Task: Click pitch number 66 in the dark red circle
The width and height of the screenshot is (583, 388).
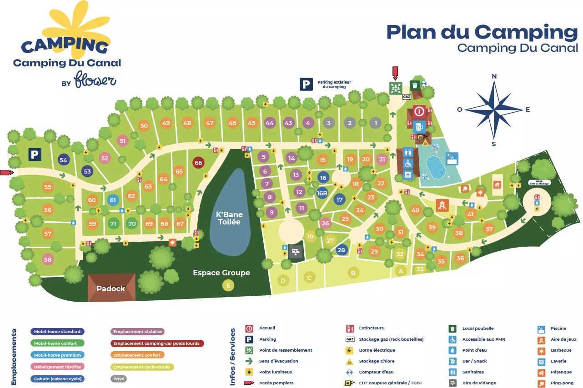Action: click(x=198, y=163)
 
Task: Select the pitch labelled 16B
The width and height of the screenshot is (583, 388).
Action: click(x=322, y=193)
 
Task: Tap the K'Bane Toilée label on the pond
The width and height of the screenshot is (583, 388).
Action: click(x=229, y=218)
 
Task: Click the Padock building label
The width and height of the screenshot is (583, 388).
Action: click(x=111, y=289)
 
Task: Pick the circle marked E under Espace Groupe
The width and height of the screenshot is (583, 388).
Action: click(x=228, y=285)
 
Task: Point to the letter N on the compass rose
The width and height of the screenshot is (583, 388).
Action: click(x=494, y=76)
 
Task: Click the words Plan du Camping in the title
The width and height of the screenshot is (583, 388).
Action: click(x=482, y=32)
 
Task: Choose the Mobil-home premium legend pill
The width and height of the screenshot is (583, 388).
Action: click(x=57, y=355)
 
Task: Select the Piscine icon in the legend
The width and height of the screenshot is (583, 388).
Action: click(x=541, y=328)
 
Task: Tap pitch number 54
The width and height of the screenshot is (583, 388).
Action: click(x=63, y=160)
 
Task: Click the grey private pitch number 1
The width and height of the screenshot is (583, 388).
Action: click(x=375, y=123)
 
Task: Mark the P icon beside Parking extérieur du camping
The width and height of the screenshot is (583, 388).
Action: click(x=306, y=84)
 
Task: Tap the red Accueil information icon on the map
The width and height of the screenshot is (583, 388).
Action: click(x=419, y=111)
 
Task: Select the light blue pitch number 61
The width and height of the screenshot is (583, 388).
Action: click(x=113, y=200)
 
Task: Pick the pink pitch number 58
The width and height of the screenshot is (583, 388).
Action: click(x=48, y=259)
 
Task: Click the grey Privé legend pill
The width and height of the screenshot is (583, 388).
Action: click(x=119, y=378)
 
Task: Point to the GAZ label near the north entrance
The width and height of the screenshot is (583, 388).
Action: click(x=407, y=97)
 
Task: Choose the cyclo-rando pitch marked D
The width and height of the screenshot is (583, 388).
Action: click(x=283, y=280)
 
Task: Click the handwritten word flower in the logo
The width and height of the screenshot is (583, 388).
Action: click(x=95, y=80)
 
